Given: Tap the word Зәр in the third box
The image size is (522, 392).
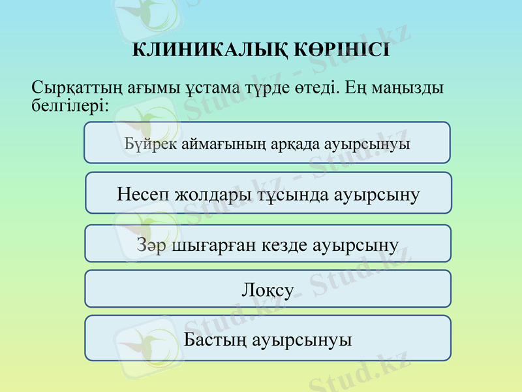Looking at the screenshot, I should pos(151,246).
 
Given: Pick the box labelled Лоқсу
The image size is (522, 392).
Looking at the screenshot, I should pos(268,289).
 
